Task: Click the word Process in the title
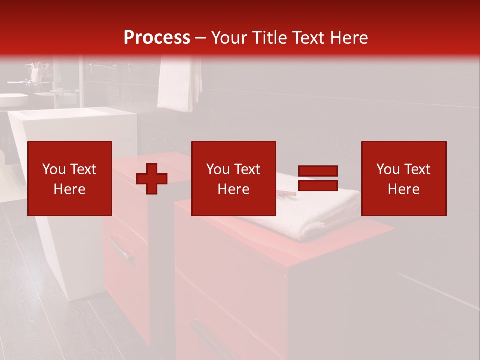coord(157,37)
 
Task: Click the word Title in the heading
coord(269,37)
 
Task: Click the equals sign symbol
coord(318,178)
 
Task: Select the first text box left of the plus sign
coord(70,178)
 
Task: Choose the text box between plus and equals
coord(234,178)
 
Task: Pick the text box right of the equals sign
coord(404,178)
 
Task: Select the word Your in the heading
coord(229,37)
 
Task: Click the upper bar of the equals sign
coord(318,171)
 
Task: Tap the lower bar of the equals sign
coord(318,185)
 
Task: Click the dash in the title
coord(201,38)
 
